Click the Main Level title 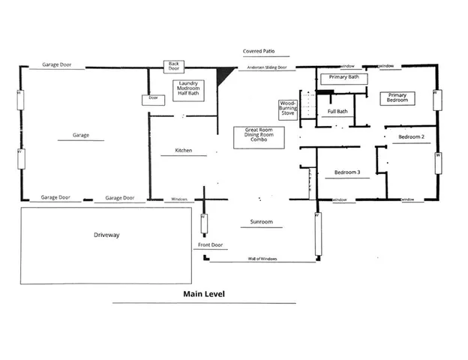(204, 294)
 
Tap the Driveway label (107, 235)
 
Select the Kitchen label (184, 151)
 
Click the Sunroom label (261, 222)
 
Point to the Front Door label (211, 245)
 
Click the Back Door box (174, 67)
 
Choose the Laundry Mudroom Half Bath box (187, 88)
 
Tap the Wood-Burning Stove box (289, 109)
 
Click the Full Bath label (337, 112)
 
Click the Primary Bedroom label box (397, 98)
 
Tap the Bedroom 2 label (412, 137)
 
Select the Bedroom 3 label (347, 172)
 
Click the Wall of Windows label (262, 259)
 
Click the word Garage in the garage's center (81, 136)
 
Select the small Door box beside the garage (153, 98)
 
